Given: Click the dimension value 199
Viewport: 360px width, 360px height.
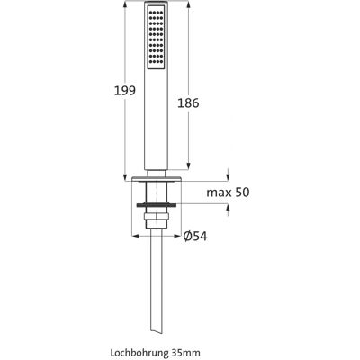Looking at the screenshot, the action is pyautogui.click(x=125, y=91).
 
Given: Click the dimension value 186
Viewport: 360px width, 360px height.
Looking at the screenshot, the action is pyautogui.click(x=188, y=103).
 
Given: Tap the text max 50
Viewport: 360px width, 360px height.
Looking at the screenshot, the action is pyautogui.click(x=228, y=193).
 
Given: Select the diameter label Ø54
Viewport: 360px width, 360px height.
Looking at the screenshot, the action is pyautogui.click(x=195, y=237).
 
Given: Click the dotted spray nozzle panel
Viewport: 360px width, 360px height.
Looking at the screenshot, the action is pyautogui.click(x=157, y=38).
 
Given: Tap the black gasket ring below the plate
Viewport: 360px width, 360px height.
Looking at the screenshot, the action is pyautogui.click(x=157, y=205).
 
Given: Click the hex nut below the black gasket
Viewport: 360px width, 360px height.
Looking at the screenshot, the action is pyautogui.click(x=157, y=217).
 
